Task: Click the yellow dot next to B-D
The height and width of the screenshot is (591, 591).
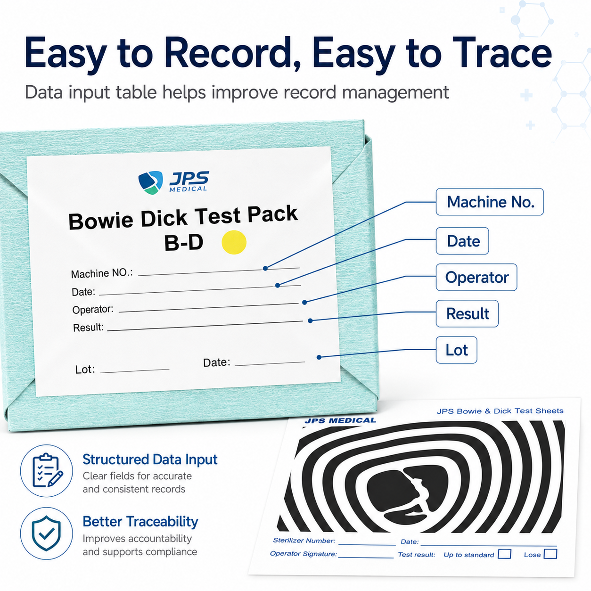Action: point(234,242)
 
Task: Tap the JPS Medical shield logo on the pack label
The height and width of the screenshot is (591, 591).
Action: point(150,182)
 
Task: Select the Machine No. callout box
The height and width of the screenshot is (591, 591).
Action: point(490,202)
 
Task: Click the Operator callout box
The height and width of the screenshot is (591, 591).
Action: point(476,277)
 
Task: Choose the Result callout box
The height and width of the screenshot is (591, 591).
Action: point(467,313)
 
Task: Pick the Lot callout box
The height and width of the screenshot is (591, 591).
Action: point(456,350)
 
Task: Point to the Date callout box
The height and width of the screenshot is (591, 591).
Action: point(462,241)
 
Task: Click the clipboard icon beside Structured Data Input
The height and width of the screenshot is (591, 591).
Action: point(47,471)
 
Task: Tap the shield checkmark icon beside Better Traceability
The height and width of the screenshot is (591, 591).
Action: point(47,534)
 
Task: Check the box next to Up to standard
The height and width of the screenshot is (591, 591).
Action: point(504,554)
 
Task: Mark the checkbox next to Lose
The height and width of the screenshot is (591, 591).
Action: point(550,554)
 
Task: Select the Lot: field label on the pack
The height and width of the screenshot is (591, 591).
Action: point(85,369)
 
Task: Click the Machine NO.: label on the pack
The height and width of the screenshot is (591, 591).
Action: point(102,273)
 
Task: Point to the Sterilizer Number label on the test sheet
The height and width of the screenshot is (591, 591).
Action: point(304,541)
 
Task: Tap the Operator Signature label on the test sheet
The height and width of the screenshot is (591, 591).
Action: point(304,554)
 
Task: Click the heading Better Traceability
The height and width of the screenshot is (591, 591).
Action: point(140,522)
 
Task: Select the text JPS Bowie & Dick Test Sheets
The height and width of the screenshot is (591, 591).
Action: point(500,411)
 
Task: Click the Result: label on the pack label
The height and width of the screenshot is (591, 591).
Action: point(88,328)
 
